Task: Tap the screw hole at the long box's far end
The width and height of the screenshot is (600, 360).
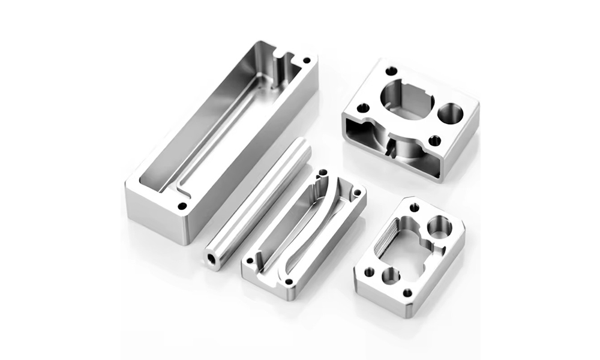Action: pyautogui.click(x=307, y=61)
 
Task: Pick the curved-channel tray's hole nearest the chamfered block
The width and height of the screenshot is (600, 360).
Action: pyautogui.click(x=358, y=193)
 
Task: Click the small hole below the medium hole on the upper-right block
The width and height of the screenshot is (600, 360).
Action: pyautogui.click(x=435, y=141)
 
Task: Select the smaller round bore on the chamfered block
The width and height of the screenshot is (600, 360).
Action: pyautogui.click(x=391, y=275)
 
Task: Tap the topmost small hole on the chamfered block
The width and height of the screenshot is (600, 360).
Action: pyautogui.click(x=414, y=207)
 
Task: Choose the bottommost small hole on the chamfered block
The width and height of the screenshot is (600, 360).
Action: pyautogui.click(x=407, y=293)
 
